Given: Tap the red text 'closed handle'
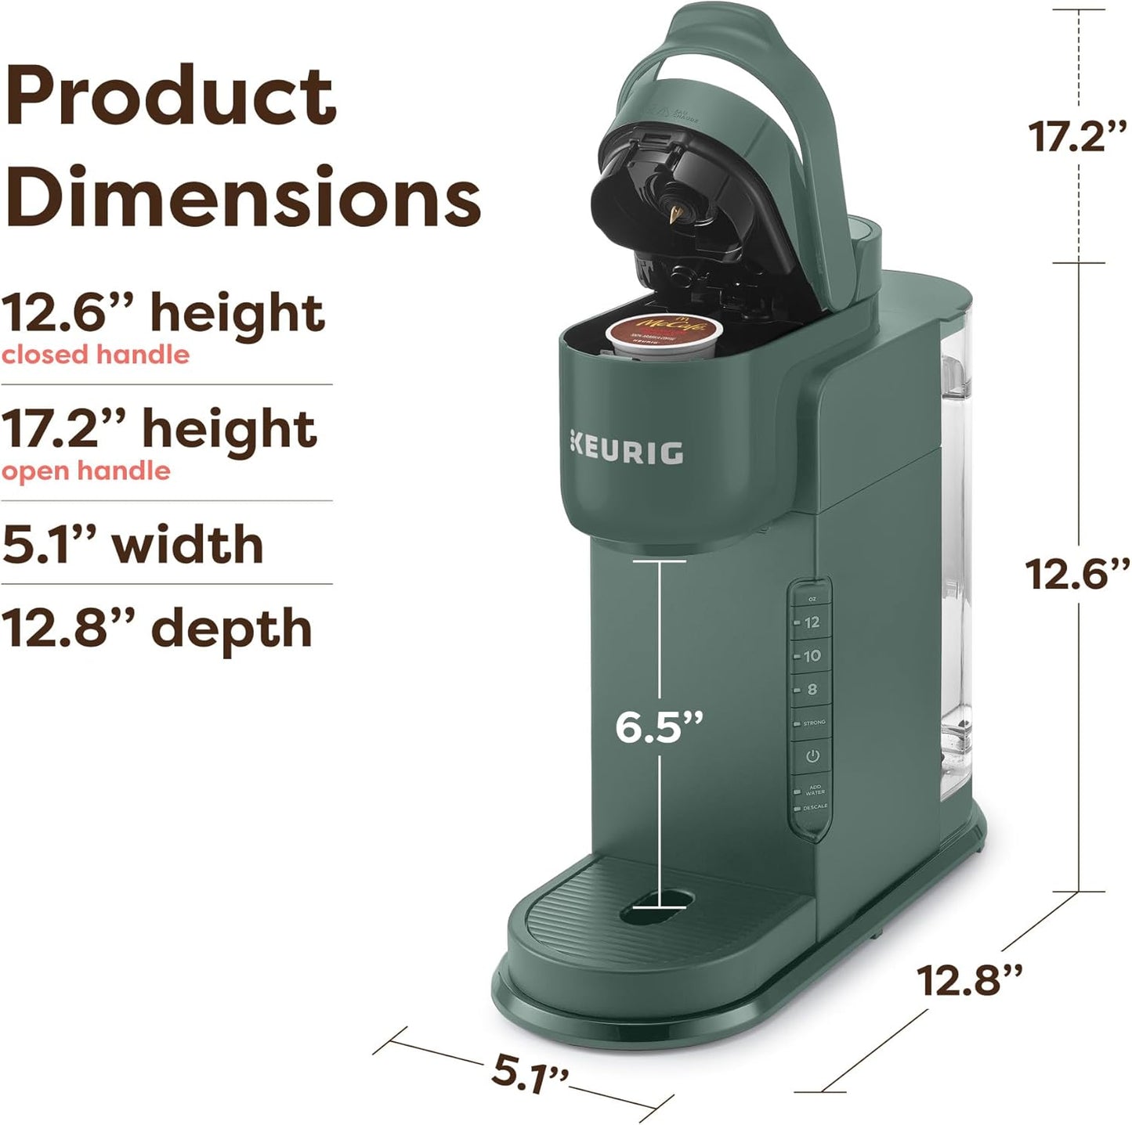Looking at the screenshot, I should (x=96, y=355).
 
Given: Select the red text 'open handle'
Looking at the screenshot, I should (x=86, y=471).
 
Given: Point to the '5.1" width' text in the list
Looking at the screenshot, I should (x=132, y=545).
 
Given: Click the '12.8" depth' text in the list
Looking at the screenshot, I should (x=157, y=629).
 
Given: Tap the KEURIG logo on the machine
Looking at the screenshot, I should (x=627, y=453).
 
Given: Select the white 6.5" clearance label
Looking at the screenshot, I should (x=659, y=726).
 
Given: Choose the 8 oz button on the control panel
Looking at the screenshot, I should (x=811, y=690).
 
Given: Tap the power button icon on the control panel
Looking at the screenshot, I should (x=812, y=756).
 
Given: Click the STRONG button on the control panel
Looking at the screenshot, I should (x=812, y=723).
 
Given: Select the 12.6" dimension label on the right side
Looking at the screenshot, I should (x=1078, y=575).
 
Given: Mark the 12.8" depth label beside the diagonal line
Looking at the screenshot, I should (x=970, y=980).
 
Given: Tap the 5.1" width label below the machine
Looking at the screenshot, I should (x=529, y=1075).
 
